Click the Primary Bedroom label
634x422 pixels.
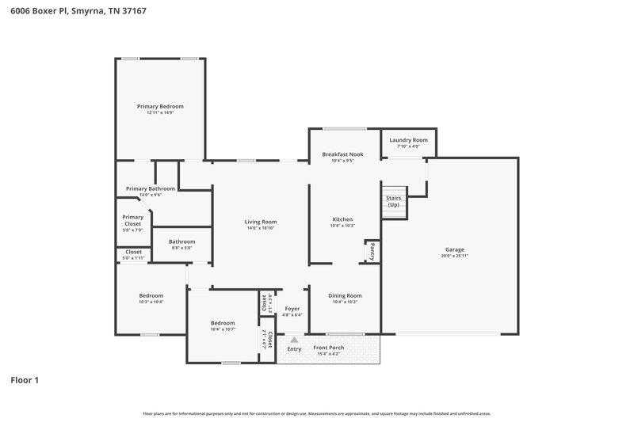coord(160,106)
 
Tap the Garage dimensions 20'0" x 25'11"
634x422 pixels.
coord(455,256)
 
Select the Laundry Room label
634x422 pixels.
coord(408,139)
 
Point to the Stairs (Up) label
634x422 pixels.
coord(393,201)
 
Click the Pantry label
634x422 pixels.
coord(371,251)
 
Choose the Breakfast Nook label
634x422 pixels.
coord(342,154)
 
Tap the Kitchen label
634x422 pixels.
coord(342,219)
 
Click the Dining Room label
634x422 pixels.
coord(345,295)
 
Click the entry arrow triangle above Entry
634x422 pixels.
coord(294,339)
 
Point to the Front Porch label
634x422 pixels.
coord(328,348)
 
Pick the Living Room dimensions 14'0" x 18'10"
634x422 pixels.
coord(260,228)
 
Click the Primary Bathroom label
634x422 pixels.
coord(151,188)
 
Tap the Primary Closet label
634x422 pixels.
coord(133,220)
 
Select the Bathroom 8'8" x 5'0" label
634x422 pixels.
coord(181,241)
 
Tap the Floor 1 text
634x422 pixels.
coord(25,380)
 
